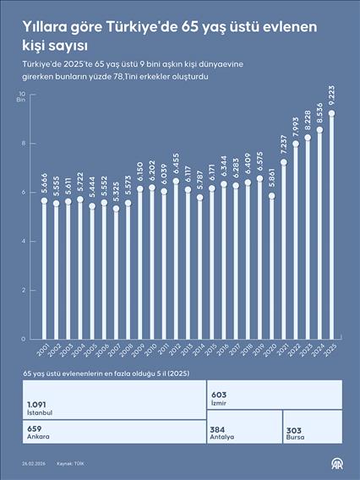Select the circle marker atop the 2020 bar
(x=271, y=195)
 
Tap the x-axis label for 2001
(x=42, y=350)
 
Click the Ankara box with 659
(x=111, y=432)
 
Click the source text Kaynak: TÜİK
(x=71, y=464)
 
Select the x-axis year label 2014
(x=198, y=350)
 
